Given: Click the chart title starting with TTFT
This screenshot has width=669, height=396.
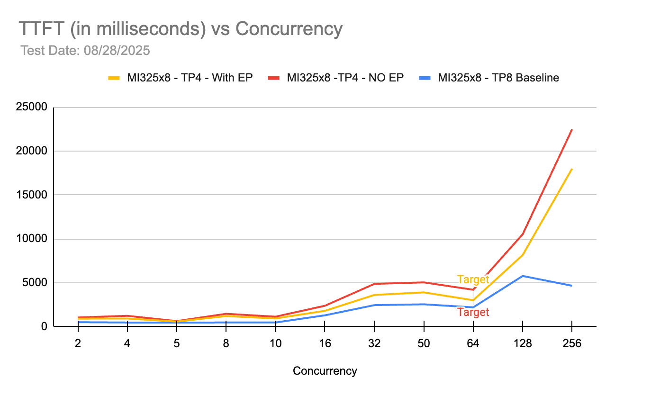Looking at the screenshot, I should [180, 29].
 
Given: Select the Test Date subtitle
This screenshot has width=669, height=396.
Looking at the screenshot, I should [85, 50].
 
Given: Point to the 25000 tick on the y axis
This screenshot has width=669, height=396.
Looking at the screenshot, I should [34, 108].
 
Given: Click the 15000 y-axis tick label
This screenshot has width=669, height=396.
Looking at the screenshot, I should [34, 195].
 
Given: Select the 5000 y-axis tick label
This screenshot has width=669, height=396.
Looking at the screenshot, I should [36, 283].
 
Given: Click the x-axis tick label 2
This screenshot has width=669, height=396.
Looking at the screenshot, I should [78, 343].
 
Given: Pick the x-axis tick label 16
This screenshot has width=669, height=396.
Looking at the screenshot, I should [325, 343].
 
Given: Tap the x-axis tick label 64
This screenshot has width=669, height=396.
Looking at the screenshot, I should [473, 343].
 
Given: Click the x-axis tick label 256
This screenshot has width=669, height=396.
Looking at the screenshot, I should [571, 343].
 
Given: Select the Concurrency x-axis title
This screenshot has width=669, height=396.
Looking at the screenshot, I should [325, 370].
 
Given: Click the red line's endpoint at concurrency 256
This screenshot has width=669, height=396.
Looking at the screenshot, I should [571, 130].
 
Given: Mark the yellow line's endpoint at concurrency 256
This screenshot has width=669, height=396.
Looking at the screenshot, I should [571, 169].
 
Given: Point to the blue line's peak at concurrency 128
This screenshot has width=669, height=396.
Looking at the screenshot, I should [522, 276].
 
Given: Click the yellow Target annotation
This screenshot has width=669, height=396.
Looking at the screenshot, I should [473, 279].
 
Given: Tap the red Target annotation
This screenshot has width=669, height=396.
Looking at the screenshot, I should [473, 312].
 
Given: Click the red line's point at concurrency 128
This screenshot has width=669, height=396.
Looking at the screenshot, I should [522, 234].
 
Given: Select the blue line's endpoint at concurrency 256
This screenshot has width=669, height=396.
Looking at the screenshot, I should [571, 286].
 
